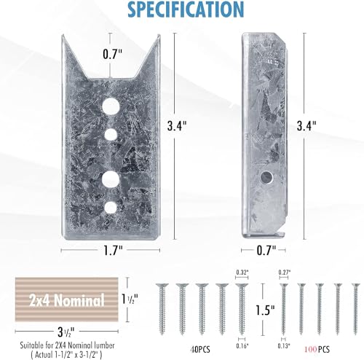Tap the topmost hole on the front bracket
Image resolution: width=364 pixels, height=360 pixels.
click(x=111, y=107)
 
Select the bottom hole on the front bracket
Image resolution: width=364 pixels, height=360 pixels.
click(x=111, y=208)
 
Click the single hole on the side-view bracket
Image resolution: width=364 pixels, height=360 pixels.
click(x=269, y=176)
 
